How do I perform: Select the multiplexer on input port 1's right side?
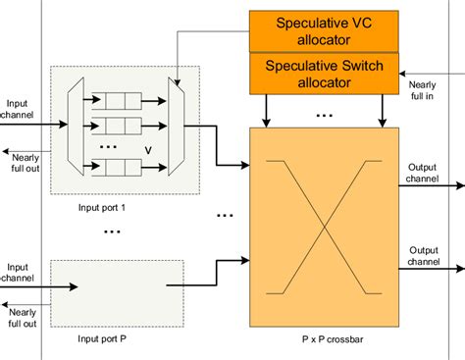(x=175, y=127)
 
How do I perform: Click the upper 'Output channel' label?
(x=430, y=173)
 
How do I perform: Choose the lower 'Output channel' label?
(x=430, y=257)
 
